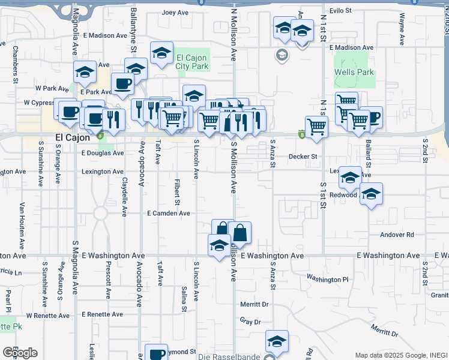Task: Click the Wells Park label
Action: pos(354,72)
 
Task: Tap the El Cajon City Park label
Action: pos(193,62)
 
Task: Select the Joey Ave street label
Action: pos(175,13)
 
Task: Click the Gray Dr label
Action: pos(250,322)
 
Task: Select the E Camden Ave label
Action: pos(169,213)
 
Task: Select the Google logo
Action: pos(20,353)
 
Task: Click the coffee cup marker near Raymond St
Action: pos(157,353)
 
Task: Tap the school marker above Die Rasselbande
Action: pos(277,341)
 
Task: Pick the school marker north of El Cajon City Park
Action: pos(161,53)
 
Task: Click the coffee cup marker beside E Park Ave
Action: pos(122,83)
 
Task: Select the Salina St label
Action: pos(184,298)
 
